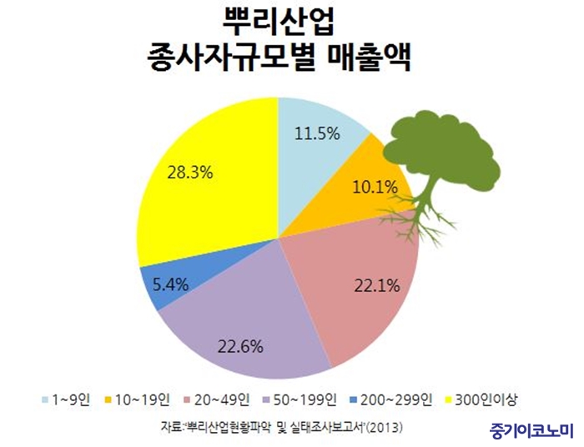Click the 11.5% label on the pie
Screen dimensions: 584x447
[x=317, y=133]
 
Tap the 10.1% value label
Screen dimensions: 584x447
[x=375, y=187]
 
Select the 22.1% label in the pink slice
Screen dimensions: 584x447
[x=377, y=285]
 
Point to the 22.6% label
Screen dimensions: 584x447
[x=240, y=347]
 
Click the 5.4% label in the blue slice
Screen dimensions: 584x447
[x=170, y=285]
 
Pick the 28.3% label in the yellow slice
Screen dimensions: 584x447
[x=190, y=173]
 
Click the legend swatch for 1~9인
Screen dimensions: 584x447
[x=45, y=400]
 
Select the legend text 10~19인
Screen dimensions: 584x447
[x=143, y=400]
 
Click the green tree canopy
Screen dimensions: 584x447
[x=442, y=150]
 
